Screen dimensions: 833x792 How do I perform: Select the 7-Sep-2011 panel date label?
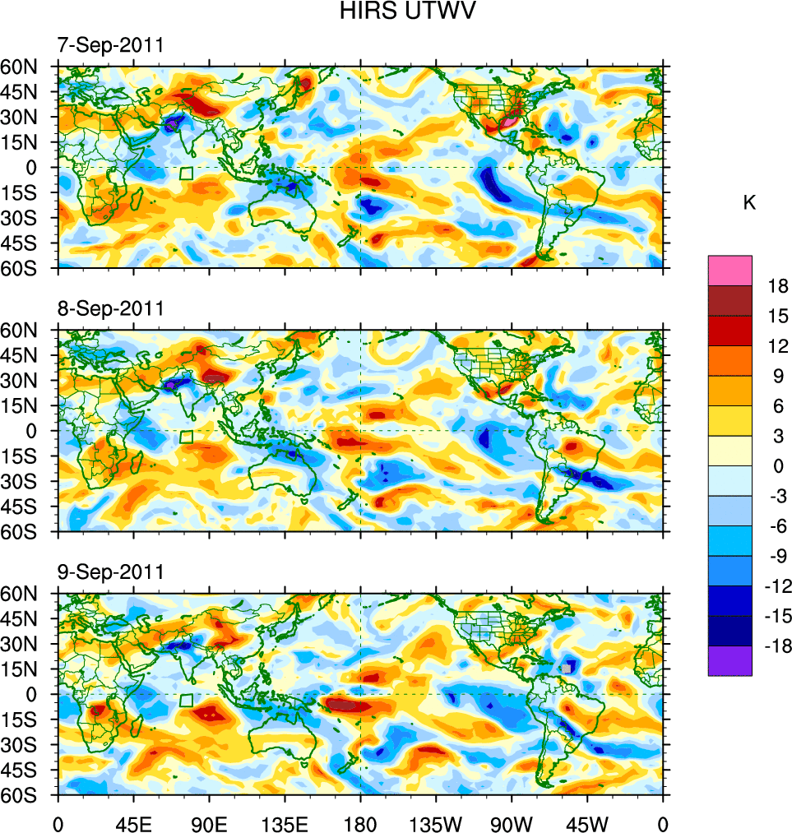[110, 45]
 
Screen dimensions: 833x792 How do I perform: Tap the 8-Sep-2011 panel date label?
[110, 308]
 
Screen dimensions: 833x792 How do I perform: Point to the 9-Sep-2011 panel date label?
[110, 572]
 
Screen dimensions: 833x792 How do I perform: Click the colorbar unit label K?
[749, 203]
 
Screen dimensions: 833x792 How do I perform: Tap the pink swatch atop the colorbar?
[729, 270]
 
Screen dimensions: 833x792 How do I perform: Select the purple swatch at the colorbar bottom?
[729, 660]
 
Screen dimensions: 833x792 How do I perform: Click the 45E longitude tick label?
[133, 821]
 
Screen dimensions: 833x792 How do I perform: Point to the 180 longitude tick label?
[360, 821]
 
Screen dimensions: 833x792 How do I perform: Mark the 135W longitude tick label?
[436, 821]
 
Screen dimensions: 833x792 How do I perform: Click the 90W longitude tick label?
[512, 821]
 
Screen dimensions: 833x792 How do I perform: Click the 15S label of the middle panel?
[26, 456]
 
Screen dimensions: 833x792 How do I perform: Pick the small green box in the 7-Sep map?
[186, 174]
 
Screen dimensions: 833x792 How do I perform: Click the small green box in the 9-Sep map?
[186, 701]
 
